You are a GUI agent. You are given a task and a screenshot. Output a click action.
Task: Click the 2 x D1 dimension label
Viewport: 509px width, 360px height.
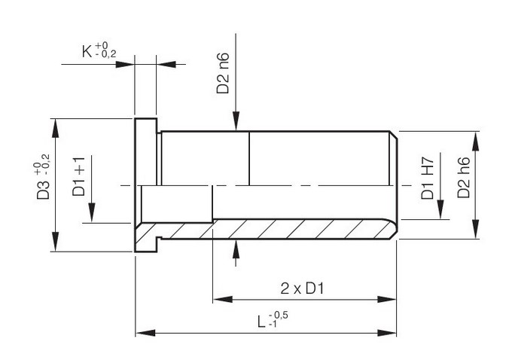pos(302,288)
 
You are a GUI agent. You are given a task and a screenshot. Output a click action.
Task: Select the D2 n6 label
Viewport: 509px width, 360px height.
pos(223,73)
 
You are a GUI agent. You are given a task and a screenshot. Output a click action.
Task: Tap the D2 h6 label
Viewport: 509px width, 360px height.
pos(464,178)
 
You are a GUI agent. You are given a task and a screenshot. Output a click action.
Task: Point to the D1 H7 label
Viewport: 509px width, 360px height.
pos(428,178)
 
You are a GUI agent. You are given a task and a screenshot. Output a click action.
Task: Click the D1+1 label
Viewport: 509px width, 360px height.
pos(78,176)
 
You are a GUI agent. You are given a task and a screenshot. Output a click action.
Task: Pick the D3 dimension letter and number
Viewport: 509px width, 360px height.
pos(43,190)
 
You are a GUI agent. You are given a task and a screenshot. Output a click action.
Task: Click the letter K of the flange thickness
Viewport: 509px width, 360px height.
pos(87,51)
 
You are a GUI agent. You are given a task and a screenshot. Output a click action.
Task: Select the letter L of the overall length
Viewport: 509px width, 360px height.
pos(261,322)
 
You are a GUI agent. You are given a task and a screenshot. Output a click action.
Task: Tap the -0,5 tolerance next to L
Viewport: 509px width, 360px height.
pos(279,315)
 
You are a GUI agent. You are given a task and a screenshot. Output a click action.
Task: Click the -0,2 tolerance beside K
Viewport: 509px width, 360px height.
pos(106,54)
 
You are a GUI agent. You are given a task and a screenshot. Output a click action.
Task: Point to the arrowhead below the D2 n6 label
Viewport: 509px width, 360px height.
pos(236,121)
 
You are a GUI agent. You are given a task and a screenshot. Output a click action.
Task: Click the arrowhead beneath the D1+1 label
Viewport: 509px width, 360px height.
pos(92,212)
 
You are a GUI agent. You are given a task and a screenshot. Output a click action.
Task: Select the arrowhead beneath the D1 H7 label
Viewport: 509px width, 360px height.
pos(440,209)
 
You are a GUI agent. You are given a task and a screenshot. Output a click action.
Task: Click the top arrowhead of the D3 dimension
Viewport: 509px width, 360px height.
pos(56,129)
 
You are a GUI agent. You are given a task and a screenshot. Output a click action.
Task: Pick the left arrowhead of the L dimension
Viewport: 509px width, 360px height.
pos(145,333)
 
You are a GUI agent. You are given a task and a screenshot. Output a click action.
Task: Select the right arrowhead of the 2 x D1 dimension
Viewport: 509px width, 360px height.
pos(386,299)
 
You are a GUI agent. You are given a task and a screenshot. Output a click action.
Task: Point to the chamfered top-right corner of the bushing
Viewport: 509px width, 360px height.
pos(394,135)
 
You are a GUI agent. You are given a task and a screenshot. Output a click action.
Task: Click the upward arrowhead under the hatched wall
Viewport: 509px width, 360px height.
pos(236,249)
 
